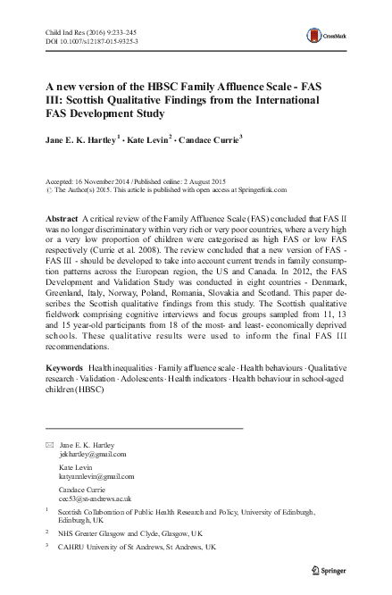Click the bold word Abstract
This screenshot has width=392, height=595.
pyautogui.click(x=60, y=219)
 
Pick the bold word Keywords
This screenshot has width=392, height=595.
pyautogui.click(x=63, y=394)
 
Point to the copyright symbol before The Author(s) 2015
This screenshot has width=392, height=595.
pyautogui.click(x=47, y=191)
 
